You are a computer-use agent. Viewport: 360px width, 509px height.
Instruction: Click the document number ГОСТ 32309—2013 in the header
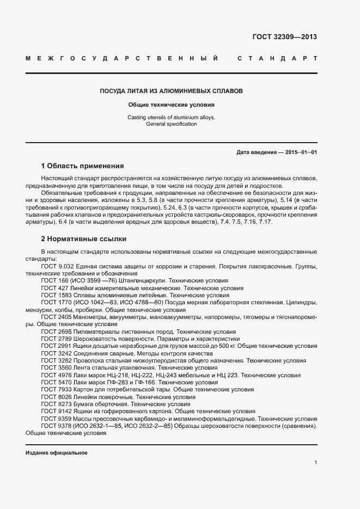pyautogui.click(x=284, y=37)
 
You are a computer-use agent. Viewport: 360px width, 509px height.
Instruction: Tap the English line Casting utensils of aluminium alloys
pyautogui.click(x=172, y=117)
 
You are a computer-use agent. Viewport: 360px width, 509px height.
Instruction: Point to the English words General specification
pyautogui.click(x=172, y=124)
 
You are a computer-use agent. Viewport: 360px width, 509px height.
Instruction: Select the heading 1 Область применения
pyautogui.click(x=83, y=165)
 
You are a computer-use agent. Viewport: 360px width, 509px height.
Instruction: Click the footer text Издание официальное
pyautogui.click(x=57, y=453)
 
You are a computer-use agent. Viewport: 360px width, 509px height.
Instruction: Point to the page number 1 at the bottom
pyautogui.click(x=315, y=463)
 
